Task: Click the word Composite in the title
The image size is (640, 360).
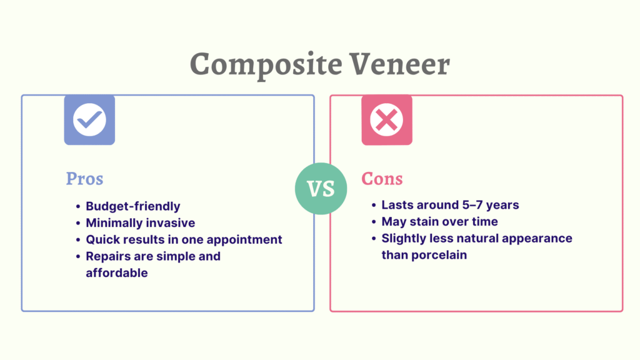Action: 266,64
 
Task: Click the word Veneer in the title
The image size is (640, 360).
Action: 399,64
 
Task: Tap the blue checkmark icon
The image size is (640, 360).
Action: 89,120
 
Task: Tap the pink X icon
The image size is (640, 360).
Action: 387,120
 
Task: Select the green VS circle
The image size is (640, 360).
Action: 321,189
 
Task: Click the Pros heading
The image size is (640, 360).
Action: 84,179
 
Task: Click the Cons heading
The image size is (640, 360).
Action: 382,179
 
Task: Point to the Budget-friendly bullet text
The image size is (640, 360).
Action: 133,206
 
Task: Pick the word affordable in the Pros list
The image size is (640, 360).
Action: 117,272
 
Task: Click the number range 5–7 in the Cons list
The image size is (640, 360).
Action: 472,205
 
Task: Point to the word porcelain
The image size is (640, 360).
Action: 439,255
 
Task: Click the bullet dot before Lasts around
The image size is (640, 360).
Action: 374,205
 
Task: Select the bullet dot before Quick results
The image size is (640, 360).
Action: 78,240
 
